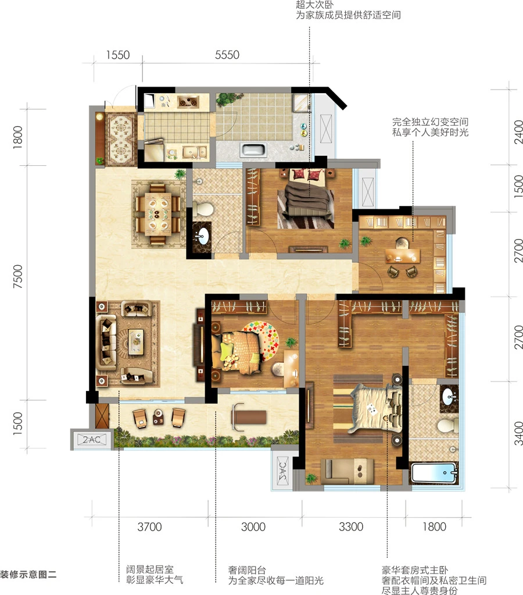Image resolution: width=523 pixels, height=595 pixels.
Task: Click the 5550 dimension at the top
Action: pyautogui.click(x=227, y=55)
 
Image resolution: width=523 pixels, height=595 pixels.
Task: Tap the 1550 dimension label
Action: pyautogui.click(x=117, y=55)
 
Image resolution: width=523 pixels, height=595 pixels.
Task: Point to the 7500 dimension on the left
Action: pyautogui.click(x=18, y=276)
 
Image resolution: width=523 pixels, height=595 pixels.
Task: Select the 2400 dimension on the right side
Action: pyautogui.click(x=518, y=132)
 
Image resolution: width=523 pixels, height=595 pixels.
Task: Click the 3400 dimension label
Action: pyautogui.click(x=518, y=433)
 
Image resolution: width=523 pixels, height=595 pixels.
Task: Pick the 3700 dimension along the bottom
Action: pyautogui.click(x=149, y=527)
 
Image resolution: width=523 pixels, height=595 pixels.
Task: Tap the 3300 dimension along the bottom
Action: pyautogui.click(x=351, y=527)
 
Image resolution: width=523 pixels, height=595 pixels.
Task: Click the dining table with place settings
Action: pyautogui.click(x=158, y=215)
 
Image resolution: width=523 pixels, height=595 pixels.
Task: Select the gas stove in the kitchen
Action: pyautogui.click(x=188, y=102)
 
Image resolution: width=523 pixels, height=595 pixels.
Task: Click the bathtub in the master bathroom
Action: pyautogui.click(x=434, y=472)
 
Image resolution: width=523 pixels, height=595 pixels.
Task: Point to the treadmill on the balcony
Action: pyautogui.click(x=248, y=417)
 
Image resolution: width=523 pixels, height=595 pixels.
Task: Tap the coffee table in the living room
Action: pyautogui.click(x=136, y=342)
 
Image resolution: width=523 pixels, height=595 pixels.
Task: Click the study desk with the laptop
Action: pyautogui.click(x=403, y=255)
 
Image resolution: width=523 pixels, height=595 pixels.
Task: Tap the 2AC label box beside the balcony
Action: pyautogui.click(x=92, y=440)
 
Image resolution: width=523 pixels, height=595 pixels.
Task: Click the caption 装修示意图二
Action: pyautogui.click(x=28, y=574)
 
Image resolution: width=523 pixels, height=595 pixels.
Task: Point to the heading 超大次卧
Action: pyautogui.click(x=314, y=5)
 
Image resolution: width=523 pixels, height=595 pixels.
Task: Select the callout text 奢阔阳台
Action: pyautogui.click(x=247, y=570)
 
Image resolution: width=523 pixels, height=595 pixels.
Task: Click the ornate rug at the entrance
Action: pyautogui.click(x=121, y=138)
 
